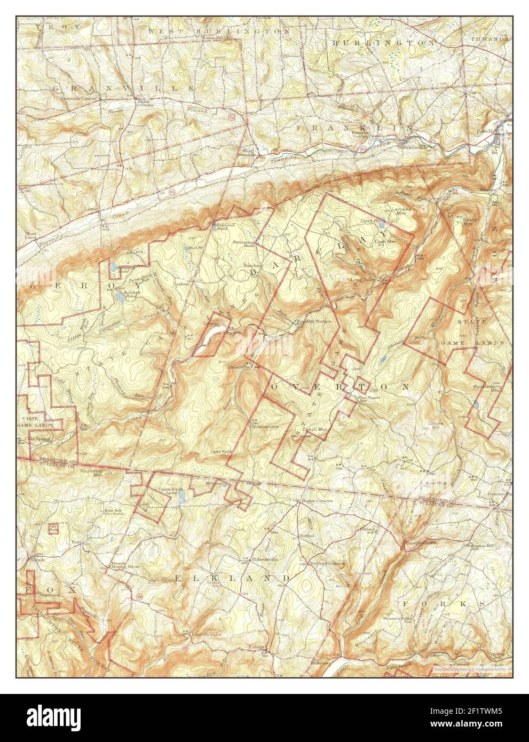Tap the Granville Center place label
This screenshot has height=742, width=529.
pos(78,98)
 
